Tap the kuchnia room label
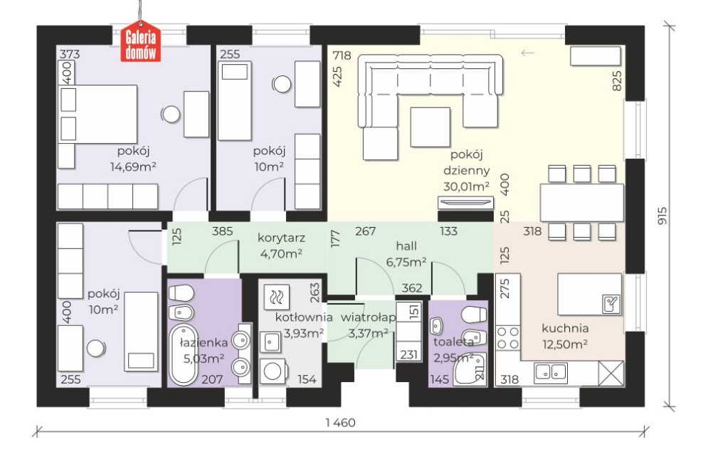[x=565, y=328]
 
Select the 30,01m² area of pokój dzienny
[x=467, y=186]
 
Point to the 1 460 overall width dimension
[x=340, y=423]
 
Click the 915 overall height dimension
[x=662, y=216]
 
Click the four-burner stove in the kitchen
[x=508, y=338]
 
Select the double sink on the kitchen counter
[x=551, y=371]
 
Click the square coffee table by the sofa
[x=430, y=127]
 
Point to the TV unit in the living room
[x=465, y=203]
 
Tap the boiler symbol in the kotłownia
[x=276, y=297]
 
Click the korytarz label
[x=281, y=238]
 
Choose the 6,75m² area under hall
[x=406, y=262]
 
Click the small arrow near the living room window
[x=527, y=53]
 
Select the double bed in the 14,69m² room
[x=98, y=115]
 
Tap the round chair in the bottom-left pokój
[x=96, y=349]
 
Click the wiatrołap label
[x=368, y=317]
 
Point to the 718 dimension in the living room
[x=342, y=56]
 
